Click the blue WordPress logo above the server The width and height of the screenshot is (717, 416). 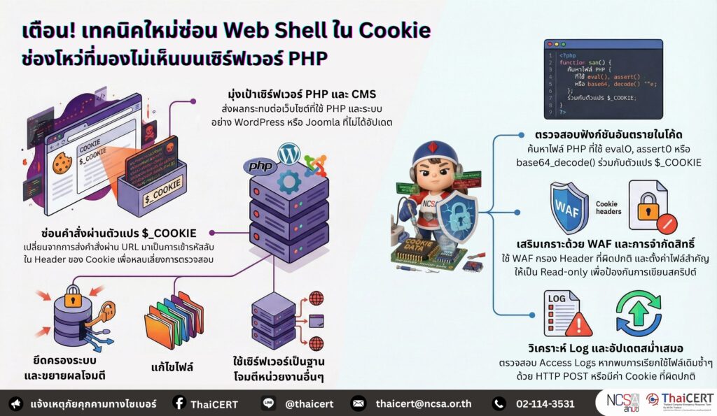288,154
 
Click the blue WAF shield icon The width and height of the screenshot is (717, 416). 569,207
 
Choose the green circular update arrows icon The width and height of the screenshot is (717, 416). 638,313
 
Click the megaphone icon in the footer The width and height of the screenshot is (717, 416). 15,403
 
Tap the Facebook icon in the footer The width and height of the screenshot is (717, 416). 179,403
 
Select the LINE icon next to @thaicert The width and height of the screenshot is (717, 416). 270,403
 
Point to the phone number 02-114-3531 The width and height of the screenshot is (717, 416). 544,403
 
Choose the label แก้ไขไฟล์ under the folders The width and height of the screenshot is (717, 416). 172,367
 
